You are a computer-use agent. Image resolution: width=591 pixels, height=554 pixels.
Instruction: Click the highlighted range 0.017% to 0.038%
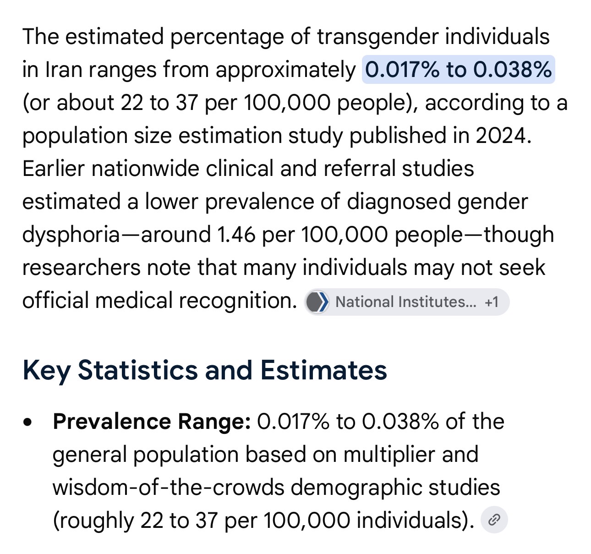pos(458,69)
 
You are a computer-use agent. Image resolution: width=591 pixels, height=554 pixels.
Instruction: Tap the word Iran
pos(63,69)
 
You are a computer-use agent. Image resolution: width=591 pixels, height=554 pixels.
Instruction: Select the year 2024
pos(503,136)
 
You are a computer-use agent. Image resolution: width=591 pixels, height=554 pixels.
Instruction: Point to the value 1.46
pos(236,235)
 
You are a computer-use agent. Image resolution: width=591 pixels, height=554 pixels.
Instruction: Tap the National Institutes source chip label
pos(405,302)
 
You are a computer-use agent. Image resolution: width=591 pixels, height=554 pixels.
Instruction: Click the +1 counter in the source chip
pos(492,302)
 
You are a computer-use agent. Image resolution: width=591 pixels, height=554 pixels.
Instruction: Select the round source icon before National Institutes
pos(317,302)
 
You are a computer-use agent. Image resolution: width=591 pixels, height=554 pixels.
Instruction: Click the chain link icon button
pos(494,520)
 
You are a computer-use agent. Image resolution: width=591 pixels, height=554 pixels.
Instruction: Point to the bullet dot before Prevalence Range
pos(27,422)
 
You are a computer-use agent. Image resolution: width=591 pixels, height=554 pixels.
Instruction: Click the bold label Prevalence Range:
pos(152,422)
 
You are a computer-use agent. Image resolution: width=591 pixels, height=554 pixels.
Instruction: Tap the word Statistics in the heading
pos(138,370)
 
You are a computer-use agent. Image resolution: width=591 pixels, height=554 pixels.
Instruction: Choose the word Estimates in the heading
pos(324,370)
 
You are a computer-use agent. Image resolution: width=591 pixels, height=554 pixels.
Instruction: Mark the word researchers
pos(81,268)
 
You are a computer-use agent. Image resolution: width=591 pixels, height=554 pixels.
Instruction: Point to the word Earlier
pos(54,169)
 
